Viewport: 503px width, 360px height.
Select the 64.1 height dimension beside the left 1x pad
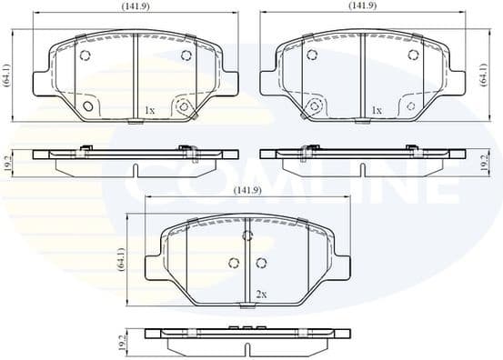pyautogui.click(x=6, y=72)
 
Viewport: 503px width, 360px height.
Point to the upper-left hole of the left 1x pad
pyautogui.click(x=85, y=55)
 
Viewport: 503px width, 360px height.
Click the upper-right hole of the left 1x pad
pyautogui.click(x=186, y=55)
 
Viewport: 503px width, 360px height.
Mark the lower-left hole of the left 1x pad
pyautogui.click(x=88, y=106)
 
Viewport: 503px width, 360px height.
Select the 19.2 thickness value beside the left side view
pyautogui.click(x=6, y=162)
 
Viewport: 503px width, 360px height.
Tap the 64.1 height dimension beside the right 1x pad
pyautogui.click(x=482, y=73)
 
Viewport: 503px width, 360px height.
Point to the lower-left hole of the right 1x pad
pyautogui.click(x=316, y=106)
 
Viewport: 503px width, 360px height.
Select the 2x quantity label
pyautogui.click(x=262, y=295)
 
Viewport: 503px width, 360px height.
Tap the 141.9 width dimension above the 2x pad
pyautogui.click(x=247, y=191)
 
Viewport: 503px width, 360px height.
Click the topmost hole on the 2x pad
pyautogui.click(x=246, y=236)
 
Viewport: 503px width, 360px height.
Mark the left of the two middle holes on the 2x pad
pyautogui.click(x=233, y=264)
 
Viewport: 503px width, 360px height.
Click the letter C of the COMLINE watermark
pyautogui.click(x=146, y=182)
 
